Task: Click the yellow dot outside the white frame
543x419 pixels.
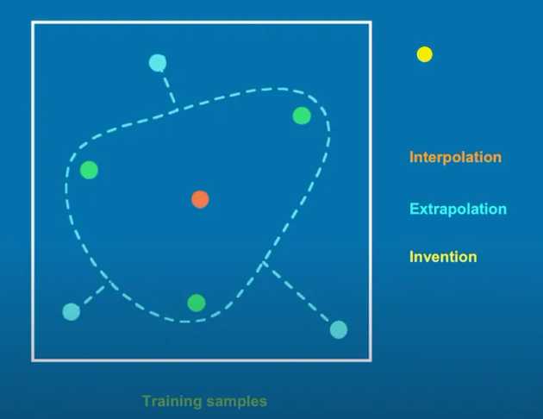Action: pos(425,54)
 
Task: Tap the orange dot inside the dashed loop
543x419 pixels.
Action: pos(200,199)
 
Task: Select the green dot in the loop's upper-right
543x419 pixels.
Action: pos(302,116)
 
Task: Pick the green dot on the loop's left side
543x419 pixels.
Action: pos(89,170)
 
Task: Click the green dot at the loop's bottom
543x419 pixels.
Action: pos(197,303)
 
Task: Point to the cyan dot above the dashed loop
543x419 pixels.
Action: pos(158,63)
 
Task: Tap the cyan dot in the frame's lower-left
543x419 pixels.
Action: pos(72,311)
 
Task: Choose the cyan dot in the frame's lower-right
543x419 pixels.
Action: pos(339,329)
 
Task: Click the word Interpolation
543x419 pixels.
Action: pos(455,158)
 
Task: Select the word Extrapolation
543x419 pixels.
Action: pos(458,209)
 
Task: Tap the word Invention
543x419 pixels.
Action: pos(443,257)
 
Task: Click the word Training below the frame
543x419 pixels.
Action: pos(172,402)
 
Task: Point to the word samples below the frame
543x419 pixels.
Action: pos(237,403)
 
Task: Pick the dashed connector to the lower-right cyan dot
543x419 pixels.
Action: pos(296,291)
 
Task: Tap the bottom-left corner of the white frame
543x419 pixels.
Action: pos(34,360)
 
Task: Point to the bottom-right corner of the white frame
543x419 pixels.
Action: pos(371,360)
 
